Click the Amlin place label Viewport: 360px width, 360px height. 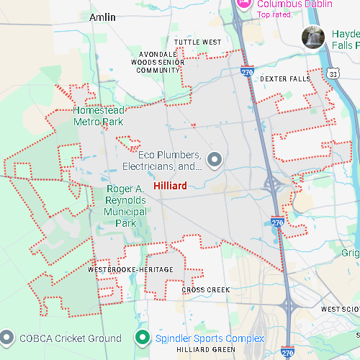(102, 17)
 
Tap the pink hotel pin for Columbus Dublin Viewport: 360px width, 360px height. (243, 4)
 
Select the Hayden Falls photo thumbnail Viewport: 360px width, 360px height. (313, 37)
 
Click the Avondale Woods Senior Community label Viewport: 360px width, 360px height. (154, 62)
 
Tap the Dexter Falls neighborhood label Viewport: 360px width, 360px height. (285, 78)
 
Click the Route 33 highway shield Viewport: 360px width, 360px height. (332, 74)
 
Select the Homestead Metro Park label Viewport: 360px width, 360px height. (99, 116)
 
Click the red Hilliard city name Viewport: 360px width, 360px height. (170, 186)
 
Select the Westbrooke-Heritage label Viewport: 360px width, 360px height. (130, 269)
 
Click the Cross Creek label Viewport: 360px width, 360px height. (206, 289)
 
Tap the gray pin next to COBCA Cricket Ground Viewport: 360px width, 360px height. (8, 337)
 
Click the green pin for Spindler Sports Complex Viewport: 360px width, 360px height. (143, 337)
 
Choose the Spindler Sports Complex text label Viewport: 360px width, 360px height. (209, 338)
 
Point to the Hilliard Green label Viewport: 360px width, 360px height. (206, 350)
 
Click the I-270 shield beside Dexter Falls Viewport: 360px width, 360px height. (247, 73)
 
